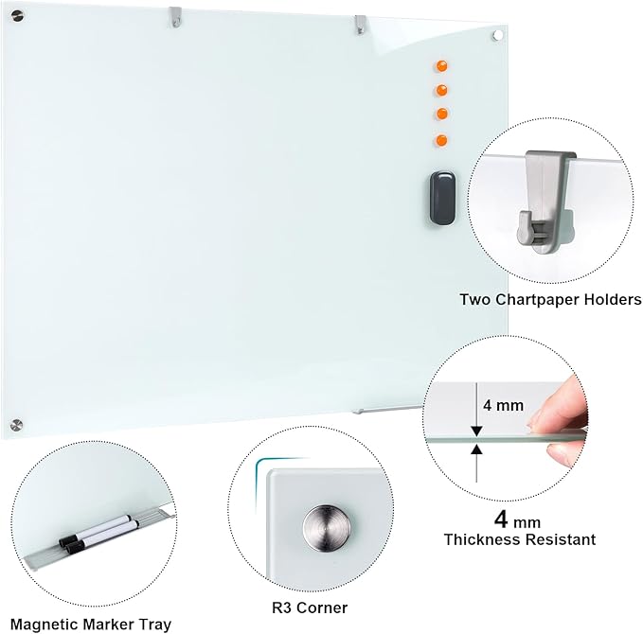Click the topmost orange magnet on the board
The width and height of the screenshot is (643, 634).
[440, 66]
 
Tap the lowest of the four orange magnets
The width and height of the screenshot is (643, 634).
[440, 140]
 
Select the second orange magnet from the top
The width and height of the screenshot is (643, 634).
[440, 91]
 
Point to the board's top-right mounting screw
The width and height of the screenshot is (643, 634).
[498, 35]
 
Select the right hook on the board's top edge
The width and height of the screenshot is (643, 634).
[359, 23]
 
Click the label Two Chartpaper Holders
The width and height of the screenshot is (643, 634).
[550, 300]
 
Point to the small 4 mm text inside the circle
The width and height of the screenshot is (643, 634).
[503, 405]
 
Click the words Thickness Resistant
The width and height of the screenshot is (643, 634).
[520, 539]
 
